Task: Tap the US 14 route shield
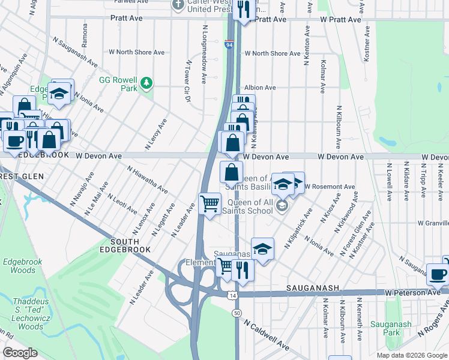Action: coord(232,296)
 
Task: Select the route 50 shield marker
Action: coord(237,313)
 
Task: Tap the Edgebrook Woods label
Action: coord(19,266)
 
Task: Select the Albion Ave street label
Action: coord(259,88)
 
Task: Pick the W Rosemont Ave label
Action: coord(330,187)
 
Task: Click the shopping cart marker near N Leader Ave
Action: coord(209,203)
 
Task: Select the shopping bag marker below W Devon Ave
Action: coord(231,172)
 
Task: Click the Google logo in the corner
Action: coord(20,352)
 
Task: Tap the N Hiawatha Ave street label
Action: coord(147,179)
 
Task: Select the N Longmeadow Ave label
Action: coord(204,54)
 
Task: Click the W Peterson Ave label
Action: coord(413,292)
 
